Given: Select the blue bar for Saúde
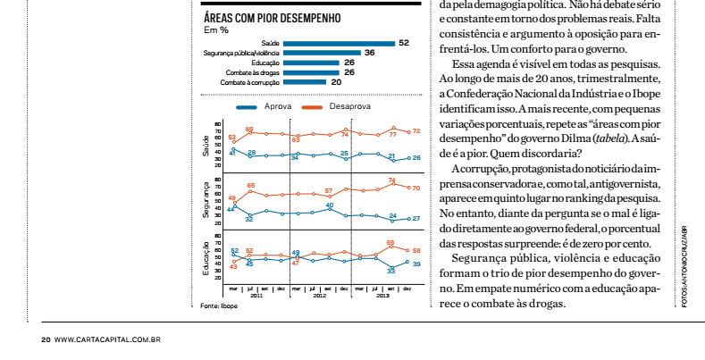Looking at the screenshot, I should (339, 43).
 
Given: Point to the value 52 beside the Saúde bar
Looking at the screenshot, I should (404, 43).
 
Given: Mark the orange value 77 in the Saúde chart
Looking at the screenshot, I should (392, 134).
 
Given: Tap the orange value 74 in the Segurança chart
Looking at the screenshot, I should (392, 181).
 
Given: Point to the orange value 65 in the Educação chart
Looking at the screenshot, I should (390, 242).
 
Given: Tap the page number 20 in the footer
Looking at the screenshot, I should (45, 339).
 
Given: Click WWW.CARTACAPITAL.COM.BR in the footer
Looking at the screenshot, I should (107, 339).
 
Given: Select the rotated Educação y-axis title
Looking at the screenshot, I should (206, 258).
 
